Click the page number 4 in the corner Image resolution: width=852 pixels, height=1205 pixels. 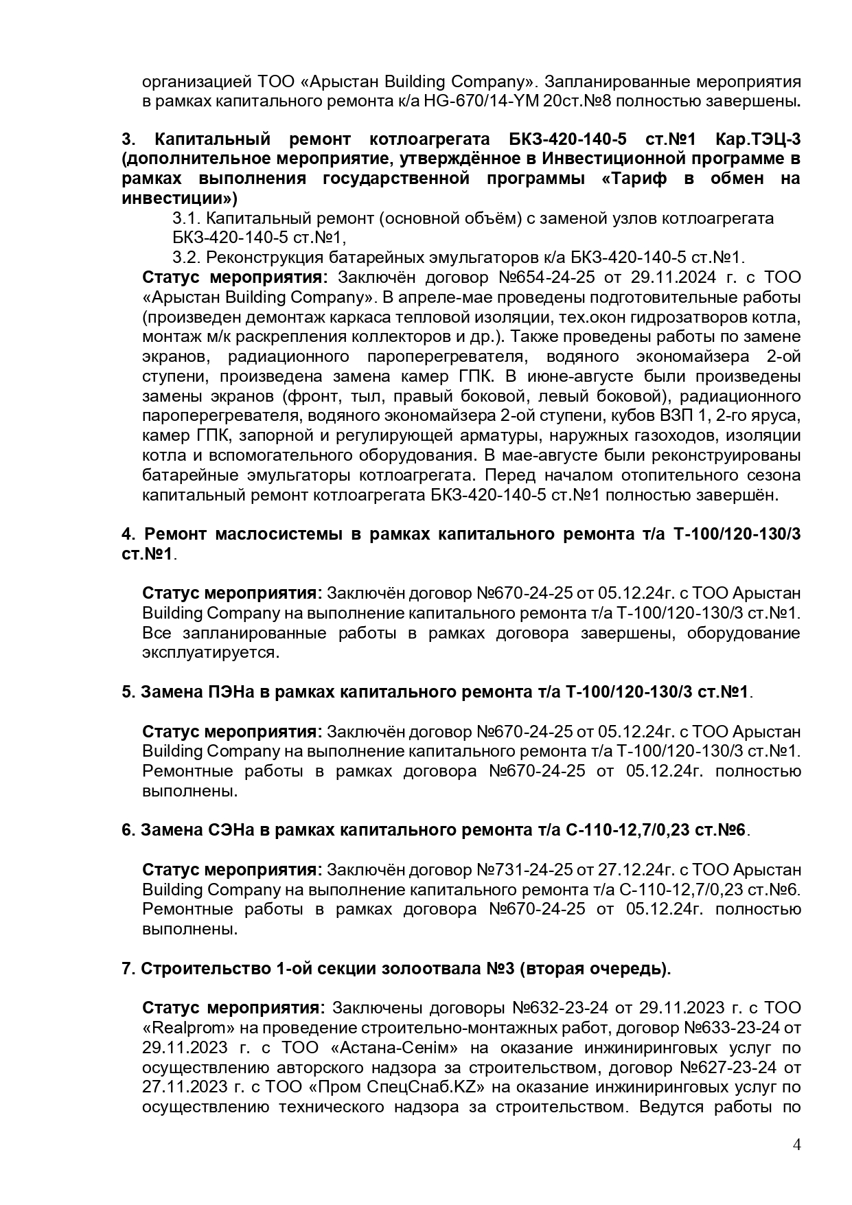[796, 1145]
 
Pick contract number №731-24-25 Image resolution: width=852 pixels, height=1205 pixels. [525, 870]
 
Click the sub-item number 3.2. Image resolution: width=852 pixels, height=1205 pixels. [185, 258]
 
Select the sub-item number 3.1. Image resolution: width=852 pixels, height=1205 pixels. [185, 218]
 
